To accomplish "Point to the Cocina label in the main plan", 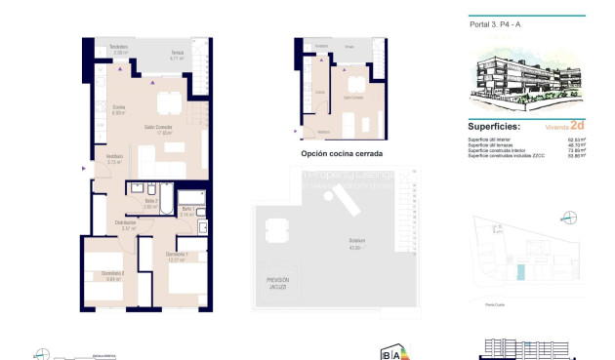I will pos(118,109).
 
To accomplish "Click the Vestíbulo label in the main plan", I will pos(114,158).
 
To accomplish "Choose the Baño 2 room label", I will pos(149,203).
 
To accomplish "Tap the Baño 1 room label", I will pos(188,211).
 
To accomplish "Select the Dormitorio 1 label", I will pos(176,257).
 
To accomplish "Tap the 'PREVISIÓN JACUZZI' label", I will pos(277,284).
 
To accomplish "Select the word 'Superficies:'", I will pos(494,127).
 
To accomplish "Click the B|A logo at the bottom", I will pos(389,353).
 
